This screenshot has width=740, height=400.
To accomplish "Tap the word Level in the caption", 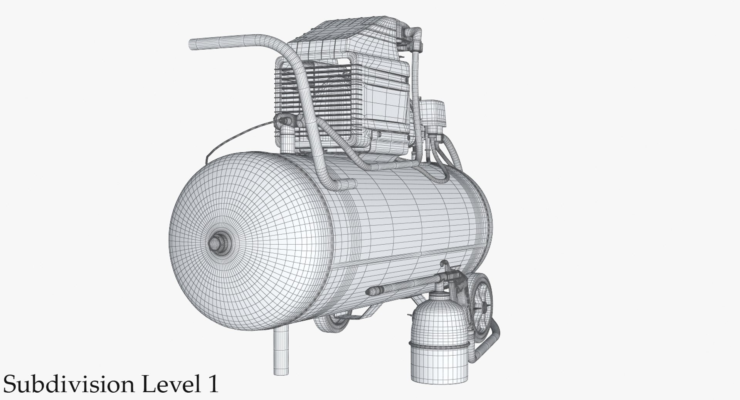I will tap(165, 385).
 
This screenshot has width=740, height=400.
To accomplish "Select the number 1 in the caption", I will tap(211, 385).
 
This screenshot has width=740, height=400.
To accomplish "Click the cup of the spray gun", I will tap(439, 316).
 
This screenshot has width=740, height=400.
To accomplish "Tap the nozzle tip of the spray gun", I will tap(371, 291).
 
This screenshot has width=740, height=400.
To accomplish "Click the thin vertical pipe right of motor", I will tap(416, 77).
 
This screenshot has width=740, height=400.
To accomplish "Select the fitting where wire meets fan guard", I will tap(283, 121).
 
